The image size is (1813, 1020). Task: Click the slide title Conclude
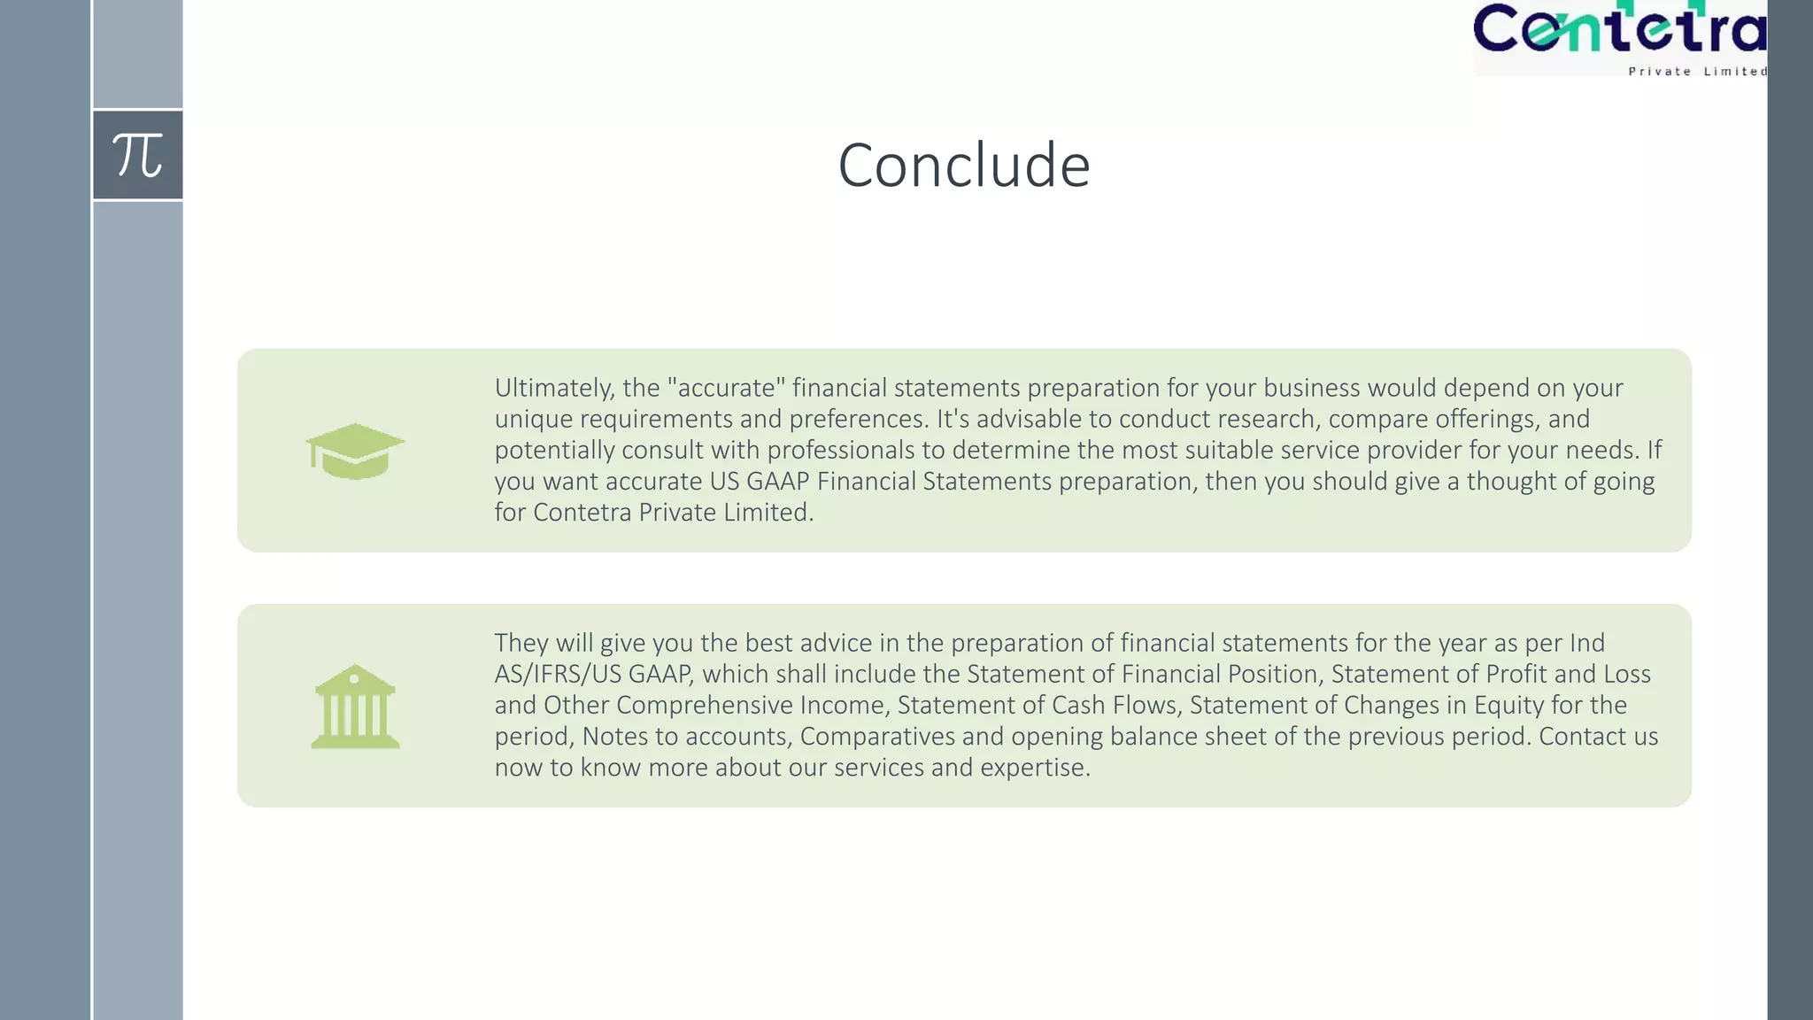(x=963, y=166)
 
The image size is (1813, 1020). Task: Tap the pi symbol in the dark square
(x=137, y=155)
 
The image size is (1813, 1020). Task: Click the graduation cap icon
(x=355, y=451)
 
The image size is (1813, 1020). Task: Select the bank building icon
(x=355, y=707)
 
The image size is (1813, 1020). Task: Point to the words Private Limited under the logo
(x=1697, y=71)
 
